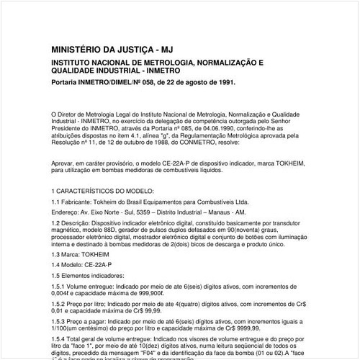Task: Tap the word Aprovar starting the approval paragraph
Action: (66, 165)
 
